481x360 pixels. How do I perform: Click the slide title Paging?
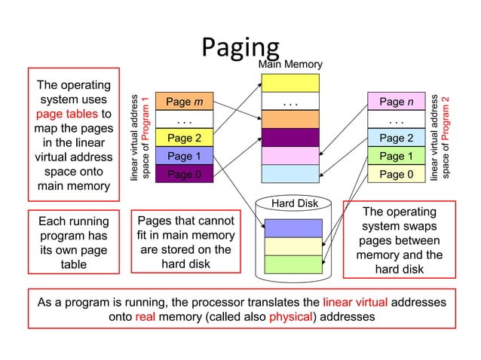pyautogui.click(x=240, y=47)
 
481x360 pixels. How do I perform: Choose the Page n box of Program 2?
pyautogui.click(x=396, y=102)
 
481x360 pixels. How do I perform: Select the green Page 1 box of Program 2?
pyautogui.click(x=396, y=156)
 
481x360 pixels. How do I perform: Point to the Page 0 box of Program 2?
pyautogui.click(x=396, y=174)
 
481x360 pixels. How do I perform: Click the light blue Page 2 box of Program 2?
pyautogui.click(x=396, y=138)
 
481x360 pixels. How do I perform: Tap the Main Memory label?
pyautogui.click(x=290, y=66)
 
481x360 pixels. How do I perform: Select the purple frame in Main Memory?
pyautogui.click(x=290, y=138)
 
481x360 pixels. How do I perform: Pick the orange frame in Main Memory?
pyautogui.click(x=290, y=119)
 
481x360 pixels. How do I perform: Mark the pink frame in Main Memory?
pyautogui.click(x=290, y=156)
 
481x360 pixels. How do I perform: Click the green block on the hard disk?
pyautogui.click(x=293, y=264)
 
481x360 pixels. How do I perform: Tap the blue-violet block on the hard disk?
pyautogui.click(x=293, y=227)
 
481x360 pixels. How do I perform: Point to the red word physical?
pyautogui.click(x=290, y=316)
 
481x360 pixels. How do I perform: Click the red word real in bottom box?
pyautogui.click(x=146, y=316)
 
